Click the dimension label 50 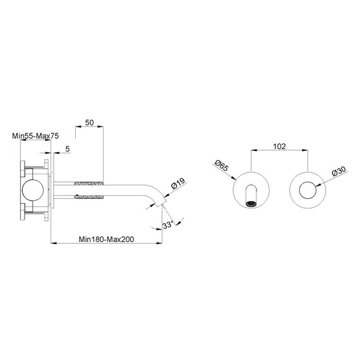[89, 123]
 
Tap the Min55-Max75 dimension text [35, 136]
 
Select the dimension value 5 [68, 149]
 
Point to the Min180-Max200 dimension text [106, 239]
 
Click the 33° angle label [168, 225]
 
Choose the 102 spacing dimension [279, 147]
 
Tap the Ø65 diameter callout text [221, 165]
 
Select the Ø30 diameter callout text [339, 171]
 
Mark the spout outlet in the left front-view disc [251, 203]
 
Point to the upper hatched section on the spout [89, 183]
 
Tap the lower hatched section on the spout [89, 197]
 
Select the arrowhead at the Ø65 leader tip [234, 177]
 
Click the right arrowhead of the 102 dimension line [305, 150]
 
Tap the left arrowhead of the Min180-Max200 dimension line [54, 243]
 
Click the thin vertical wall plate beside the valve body [52, 190]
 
